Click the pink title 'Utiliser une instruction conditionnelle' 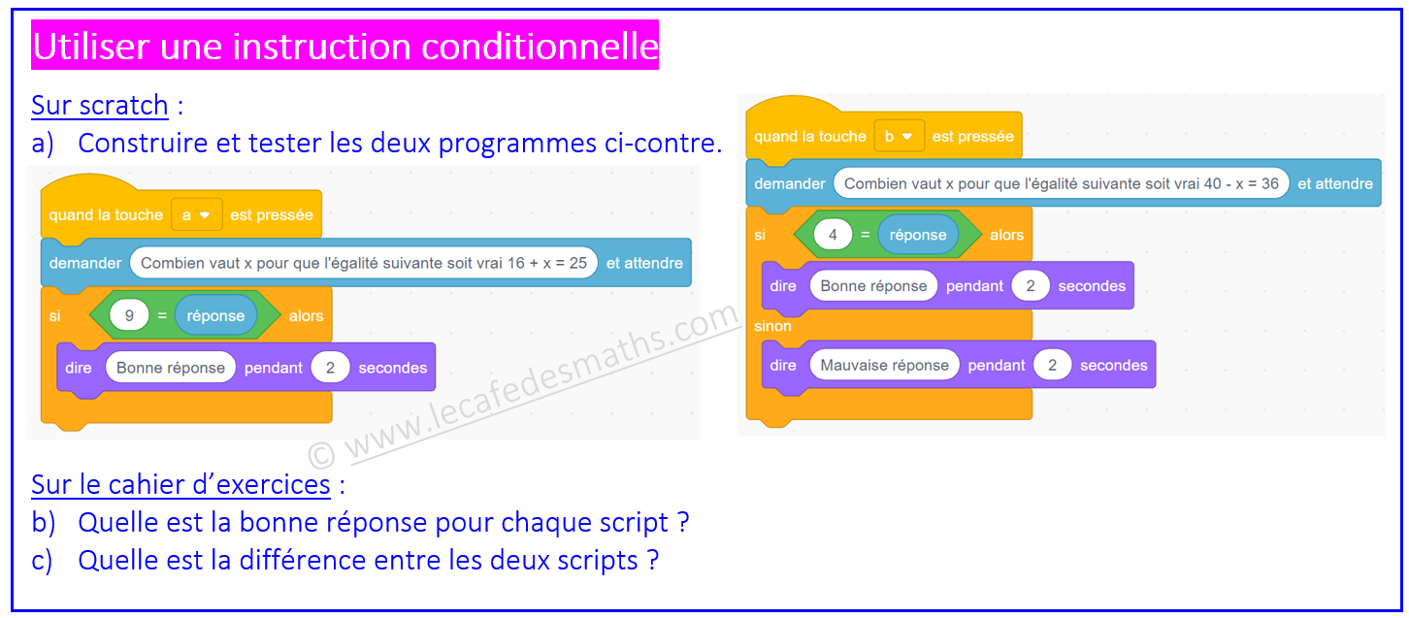(x=344, y=46)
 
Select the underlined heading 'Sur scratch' (x=100, y=105)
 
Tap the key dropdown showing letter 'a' (x=196, y=215)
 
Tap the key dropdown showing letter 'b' (x=899, y=137)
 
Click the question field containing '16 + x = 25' (x=364, y=263)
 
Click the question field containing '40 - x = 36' (x=1062, y=183)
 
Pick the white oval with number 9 (x=129, y=315)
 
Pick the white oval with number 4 (x=833, y=235)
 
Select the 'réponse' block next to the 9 (x=215, y=315)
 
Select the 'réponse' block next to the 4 (x=918, y=235)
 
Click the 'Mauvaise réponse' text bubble (x=884, y=365)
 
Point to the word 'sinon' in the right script (x=772, y=326)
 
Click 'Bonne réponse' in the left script (x=171, y=368)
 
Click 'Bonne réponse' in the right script (x=873, y=286)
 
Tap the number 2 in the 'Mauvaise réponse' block (x=1052, y=365)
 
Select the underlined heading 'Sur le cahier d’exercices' (x=180, y=485)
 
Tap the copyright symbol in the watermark (x=321, y=455)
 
